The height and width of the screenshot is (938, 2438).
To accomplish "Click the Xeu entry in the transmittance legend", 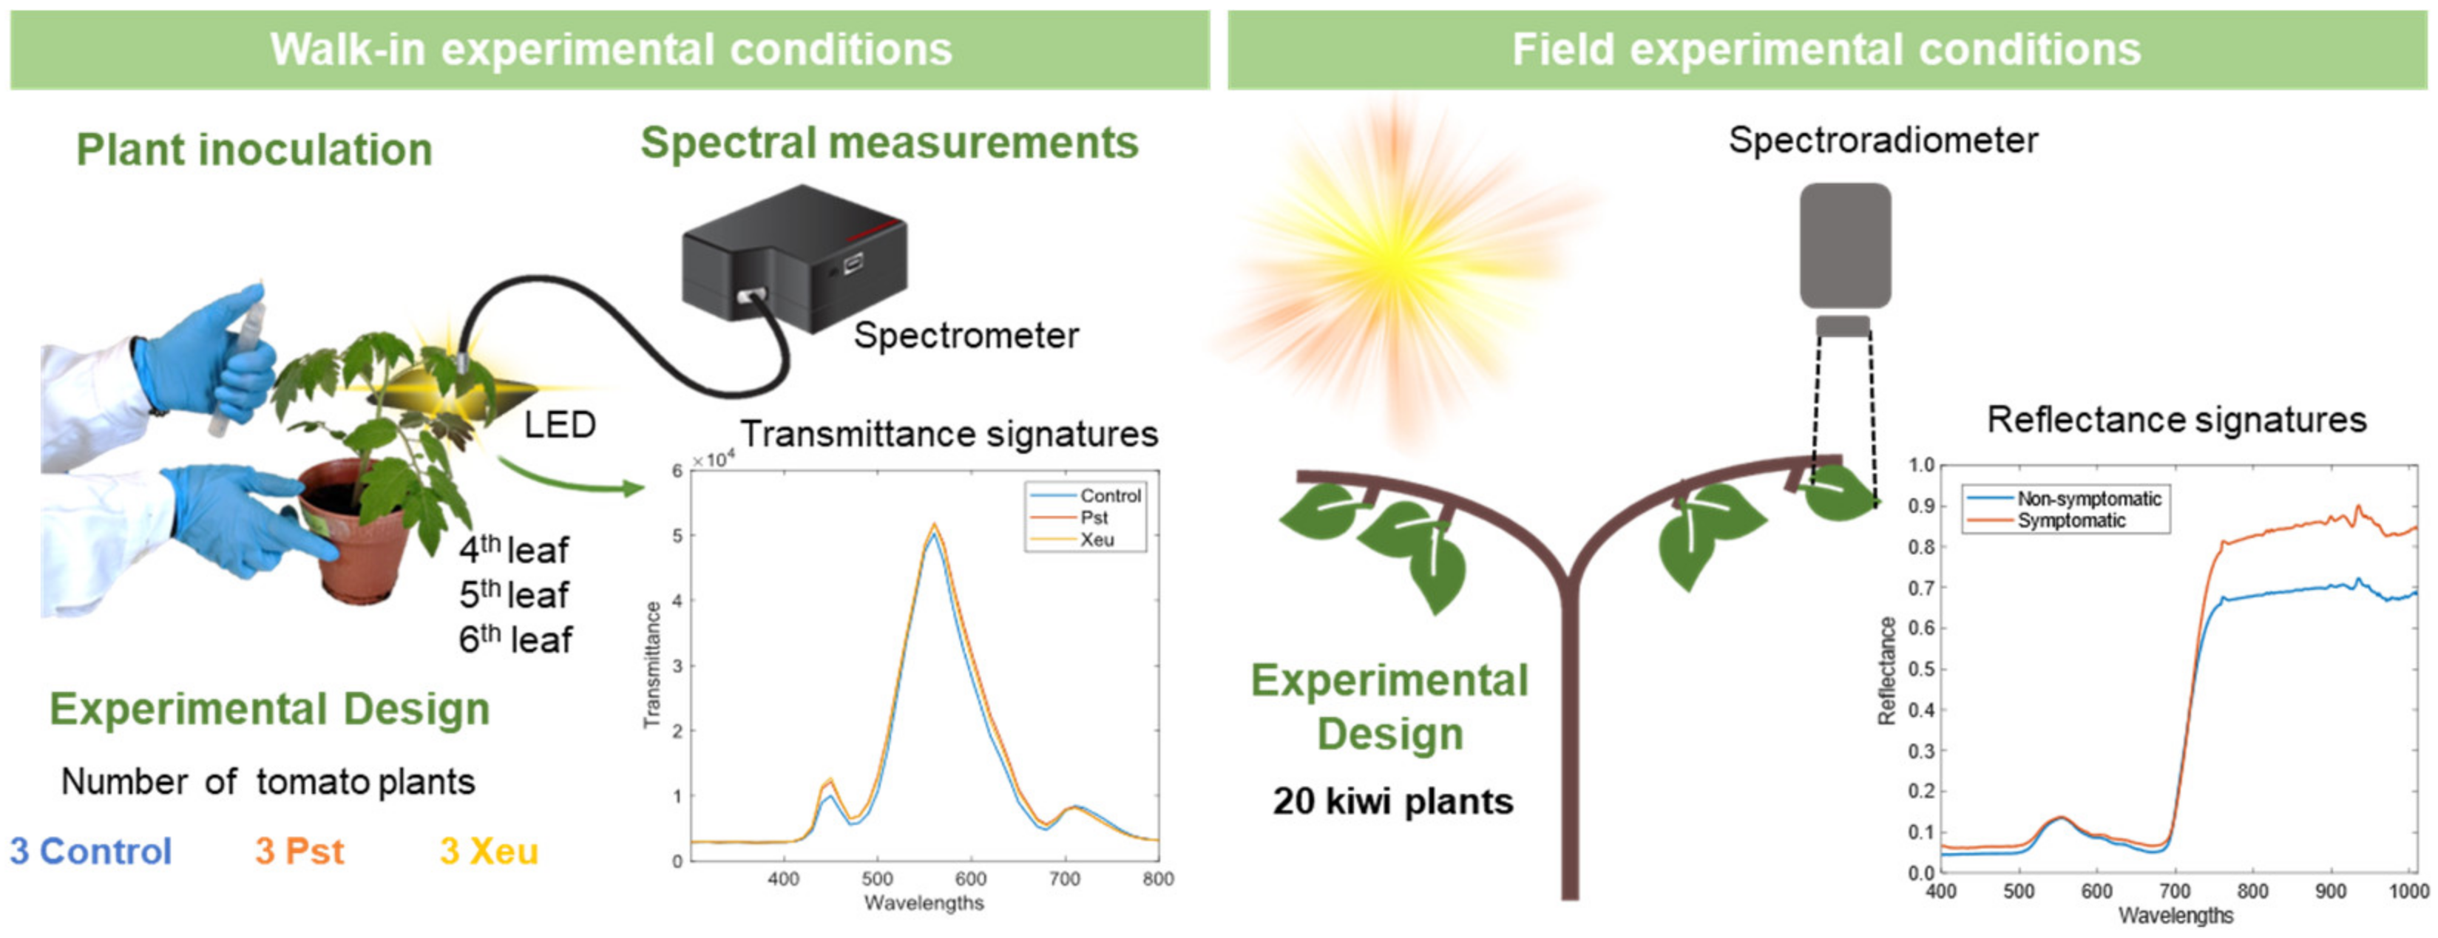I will coord(1097,540).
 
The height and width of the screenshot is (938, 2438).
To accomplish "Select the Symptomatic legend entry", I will coord(2070,520).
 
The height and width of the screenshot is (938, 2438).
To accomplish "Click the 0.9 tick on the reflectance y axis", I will coord(1921,506).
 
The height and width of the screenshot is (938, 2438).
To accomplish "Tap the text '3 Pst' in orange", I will coord(299,851).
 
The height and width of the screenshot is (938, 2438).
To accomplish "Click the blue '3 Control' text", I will coord(91,851).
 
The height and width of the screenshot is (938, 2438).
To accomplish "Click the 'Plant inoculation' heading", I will coord(254,149).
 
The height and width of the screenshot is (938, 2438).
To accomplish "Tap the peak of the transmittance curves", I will coord(933,526).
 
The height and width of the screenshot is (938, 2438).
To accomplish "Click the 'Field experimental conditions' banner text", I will coord(1826,50).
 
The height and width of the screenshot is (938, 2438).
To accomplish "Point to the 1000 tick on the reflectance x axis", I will coord(2408,891).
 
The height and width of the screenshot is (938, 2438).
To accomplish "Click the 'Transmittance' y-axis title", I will coord(651,665).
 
